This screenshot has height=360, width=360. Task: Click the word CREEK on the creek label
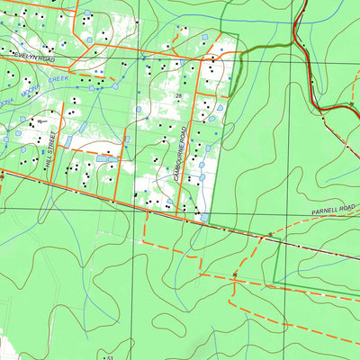(58, 79)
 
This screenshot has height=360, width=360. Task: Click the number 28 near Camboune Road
(179, 95)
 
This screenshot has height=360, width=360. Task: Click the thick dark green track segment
(261, 49)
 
